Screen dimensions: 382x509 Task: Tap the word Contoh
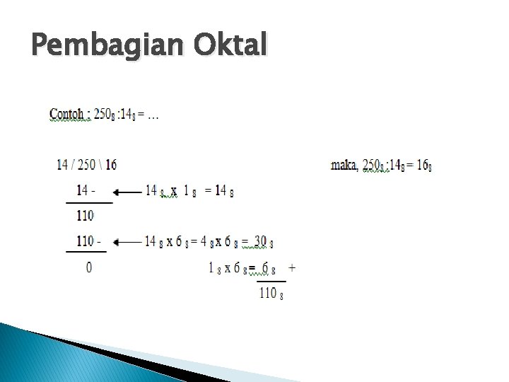pyautogui.click(x=69, y=115)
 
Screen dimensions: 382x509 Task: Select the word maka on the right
pyautogui.click(x=345, y=165)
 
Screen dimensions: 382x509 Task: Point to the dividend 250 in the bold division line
pyautogui.click(x=87, y=165)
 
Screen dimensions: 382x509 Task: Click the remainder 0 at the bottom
pyautogui.click(x=88, y=267)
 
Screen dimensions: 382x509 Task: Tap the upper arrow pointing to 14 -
pyautogui.click(x=127, y=191)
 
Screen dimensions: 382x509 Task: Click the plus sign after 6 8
pyautogui.click(x=292, y=268)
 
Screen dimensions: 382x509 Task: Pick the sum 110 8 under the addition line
pyautogui.click(x=271, y=293)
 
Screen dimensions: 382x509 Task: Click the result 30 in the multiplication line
pyautogui.click(x=260, y=242)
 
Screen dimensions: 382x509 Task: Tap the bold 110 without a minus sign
pyautogui.click(x=86, y=216)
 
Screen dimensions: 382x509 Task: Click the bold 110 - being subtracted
pyautogui.click(x=88, y=242)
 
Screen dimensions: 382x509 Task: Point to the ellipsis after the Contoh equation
pyautogui.click(x=153, y=115)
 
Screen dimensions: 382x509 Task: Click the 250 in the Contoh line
pyautogui.click(x=103, y=115)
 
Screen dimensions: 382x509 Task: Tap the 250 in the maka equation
pyautogui.click(x=373, y=165)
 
